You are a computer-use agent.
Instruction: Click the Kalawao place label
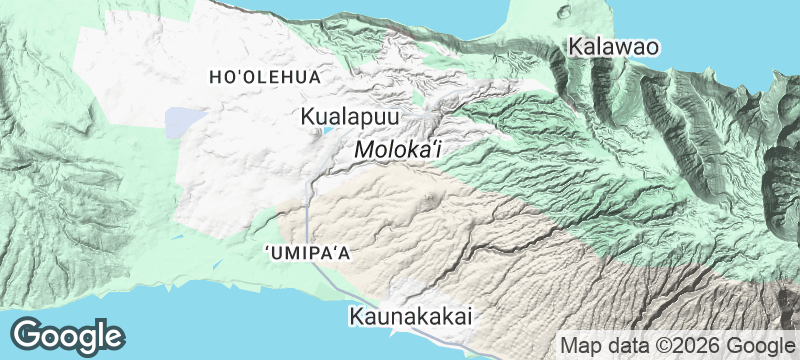pyautogui.click(x=612, y=46)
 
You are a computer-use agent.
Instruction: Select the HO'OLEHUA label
pyautogui.click(x=264, y=77)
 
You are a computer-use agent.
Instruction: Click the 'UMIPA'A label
pyautogui.click(x=309, y=252)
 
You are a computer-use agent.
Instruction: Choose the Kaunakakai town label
pyautogui.click(x=410, y=317)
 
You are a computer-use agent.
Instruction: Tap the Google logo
pyautogui.click(x=67, y=335)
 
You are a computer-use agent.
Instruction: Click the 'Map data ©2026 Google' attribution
pyautogui.click(x=674, y=345)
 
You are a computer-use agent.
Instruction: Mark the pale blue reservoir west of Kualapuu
pyautogui.click(x=182, y=123)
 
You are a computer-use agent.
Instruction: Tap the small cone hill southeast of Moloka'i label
pyautogui.click(x=431, y=196)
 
